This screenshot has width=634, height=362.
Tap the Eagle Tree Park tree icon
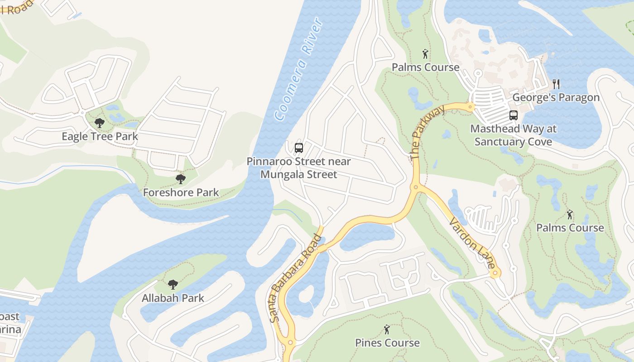(100, 123)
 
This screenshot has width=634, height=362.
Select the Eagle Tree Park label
(100, 136)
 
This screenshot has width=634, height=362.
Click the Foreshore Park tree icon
(181, 179)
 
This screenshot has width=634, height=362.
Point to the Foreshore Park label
(181, 192)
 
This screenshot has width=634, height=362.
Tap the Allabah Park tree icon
(173, 285)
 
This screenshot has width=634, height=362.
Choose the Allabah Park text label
(173, 298)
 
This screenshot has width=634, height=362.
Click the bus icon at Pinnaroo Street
(298, 148)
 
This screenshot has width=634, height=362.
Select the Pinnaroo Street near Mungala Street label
(298, 167)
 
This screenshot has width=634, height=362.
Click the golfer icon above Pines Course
(387, 329)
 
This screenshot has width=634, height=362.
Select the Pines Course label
(387, 343)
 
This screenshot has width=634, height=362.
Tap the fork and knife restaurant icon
(556, 84)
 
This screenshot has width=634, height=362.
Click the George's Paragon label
(556, 97)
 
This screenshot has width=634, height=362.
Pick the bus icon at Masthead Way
(513, 115)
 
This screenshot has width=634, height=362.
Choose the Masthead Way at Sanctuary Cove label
(513, 135)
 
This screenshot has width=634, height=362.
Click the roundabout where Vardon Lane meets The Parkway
(415, 187)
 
